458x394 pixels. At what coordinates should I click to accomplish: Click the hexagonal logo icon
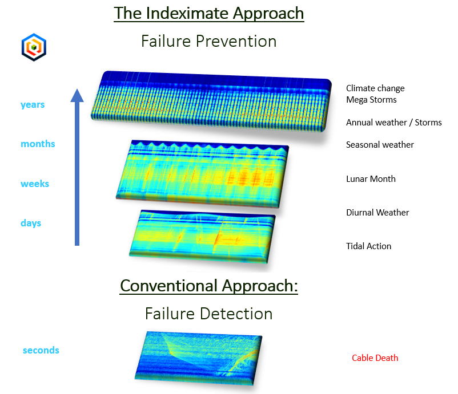[34, 47]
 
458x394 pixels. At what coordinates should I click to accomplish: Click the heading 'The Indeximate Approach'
[209, 14]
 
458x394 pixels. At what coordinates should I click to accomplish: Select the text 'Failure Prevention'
[209, 41]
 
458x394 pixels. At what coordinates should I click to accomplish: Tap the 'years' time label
[33, 105]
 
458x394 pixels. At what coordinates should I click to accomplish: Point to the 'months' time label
[38, 144]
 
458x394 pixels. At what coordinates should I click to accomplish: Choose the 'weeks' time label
[35, 184]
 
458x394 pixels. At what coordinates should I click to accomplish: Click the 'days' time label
[31, 223]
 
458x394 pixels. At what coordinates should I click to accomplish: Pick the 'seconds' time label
[41, 350]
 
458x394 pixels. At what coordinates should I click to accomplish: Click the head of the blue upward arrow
[77, 95]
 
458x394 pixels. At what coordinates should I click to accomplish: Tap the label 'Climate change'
[375, 88]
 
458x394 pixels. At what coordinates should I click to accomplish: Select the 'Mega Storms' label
[371, 100]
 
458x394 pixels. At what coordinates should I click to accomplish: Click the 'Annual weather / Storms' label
[393, 123]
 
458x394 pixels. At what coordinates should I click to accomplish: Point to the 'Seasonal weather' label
[380, 145]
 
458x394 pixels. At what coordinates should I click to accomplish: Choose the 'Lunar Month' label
[371, 179]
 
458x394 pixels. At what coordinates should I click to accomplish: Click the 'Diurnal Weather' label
[377, 212]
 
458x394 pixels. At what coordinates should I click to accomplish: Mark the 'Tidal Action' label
[368, 246]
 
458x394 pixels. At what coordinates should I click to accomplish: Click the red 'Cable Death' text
[375, 358]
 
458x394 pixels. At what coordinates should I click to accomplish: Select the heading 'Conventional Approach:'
[209, 286]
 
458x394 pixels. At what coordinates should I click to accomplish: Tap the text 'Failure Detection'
[209, 314]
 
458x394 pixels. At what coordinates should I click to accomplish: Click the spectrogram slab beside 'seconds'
[199, 358]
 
